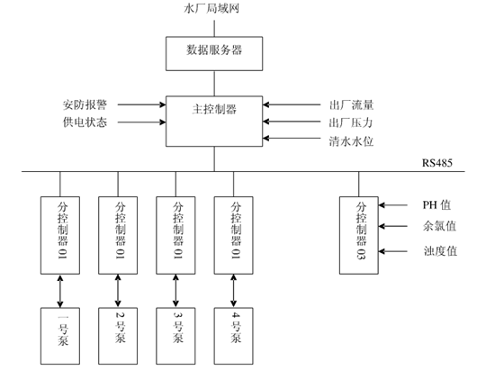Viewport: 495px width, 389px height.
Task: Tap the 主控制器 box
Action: pyautogui.click(x=214, y=111)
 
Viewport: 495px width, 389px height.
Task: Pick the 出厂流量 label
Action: pyautogui.click(x=349, y=104)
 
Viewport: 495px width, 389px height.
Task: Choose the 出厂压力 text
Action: pyautogui.click(x=349, y=122)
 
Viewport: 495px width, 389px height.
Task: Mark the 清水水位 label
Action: pyautogui.click(x=349, y=140)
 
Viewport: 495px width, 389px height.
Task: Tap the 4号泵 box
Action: pyautogui.click(x=235, y=335)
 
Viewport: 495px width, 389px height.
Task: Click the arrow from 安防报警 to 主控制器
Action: pyautogui.click(x=140, y=104)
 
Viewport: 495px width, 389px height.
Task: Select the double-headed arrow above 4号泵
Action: pyautogui.click(x=235, y=291)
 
